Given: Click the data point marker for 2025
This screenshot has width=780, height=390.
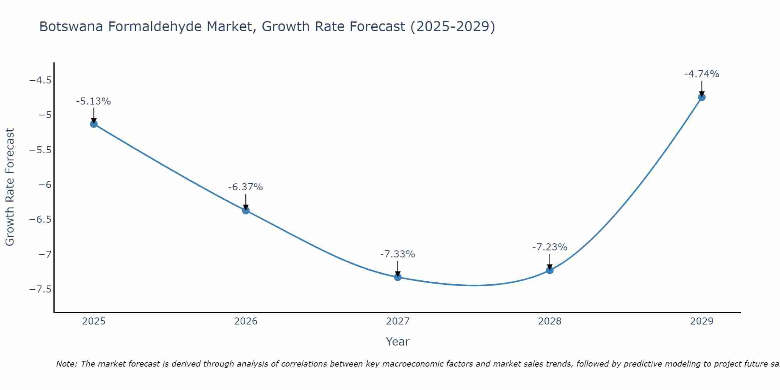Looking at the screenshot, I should click(94, 124).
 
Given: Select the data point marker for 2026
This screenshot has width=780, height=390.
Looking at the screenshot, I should click(246, 211).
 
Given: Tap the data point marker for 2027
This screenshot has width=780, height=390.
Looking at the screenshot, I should click(398, 277).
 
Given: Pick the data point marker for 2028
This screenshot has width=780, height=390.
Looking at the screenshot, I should click(550, 270).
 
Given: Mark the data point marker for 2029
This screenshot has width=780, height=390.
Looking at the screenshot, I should click(702, 97).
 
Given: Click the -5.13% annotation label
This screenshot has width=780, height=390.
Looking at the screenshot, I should click(93, 101).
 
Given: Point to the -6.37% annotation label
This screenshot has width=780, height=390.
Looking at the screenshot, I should click(245, 187).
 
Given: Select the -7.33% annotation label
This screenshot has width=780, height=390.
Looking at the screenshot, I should click(397, 254).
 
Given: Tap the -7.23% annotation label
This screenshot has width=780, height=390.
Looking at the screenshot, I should click(550, 247).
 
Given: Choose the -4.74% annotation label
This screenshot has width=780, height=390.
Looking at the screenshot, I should click(702, 74).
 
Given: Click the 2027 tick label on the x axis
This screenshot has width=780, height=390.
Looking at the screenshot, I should click(398, 321).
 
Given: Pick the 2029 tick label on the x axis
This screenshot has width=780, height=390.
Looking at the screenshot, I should click(702, 321).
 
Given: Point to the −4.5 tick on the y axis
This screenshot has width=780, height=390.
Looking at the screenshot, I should click(40, 80).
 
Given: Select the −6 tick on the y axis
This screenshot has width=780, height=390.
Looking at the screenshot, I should click(45, 185).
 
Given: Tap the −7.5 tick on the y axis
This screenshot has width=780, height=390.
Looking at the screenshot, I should click(40, 289).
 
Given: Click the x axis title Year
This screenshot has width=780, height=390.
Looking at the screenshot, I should click(397, 342).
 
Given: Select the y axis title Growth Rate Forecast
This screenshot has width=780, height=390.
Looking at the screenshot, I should click(10, 187).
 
